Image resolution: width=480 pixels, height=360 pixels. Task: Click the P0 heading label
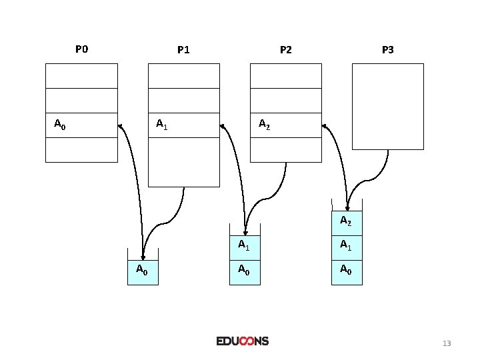(81, 49)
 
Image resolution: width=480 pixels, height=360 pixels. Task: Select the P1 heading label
(183, 49)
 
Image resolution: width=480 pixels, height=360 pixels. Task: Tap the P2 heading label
(285, 49)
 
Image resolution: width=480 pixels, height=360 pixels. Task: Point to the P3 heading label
(387, 49)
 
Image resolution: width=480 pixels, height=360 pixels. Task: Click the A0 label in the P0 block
(59, 124)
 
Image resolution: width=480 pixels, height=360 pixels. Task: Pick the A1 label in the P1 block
(161, 124)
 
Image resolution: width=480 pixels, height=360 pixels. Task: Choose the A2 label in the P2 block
(264, 124)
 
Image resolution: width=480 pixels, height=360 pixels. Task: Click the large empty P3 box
(387, 107)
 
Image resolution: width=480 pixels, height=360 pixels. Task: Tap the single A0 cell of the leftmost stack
(143, 270)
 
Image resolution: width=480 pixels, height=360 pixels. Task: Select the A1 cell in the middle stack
(245, 245)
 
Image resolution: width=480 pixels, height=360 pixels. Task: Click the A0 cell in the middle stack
(245, 270)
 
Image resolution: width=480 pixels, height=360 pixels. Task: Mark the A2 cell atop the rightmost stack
(347, 221)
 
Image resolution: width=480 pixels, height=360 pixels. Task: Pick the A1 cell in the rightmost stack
(347, 245)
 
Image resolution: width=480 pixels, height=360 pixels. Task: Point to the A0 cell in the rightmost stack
(347, 270)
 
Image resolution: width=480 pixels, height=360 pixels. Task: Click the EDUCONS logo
(242, 341)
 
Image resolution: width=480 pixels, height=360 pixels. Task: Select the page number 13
(447, 343)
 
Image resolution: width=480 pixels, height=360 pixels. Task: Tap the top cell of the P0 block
(81, 75)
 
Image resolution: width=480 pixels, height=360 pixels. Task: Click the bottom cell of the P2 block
(285, 149)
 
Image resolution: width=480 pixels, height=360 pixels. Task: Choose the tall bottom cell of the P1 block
(183, 162)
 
